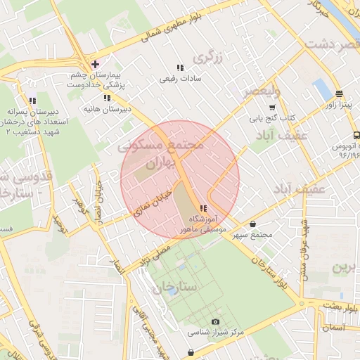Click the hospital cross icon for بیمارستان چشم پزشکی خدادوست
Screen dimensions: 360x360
pos(95,64)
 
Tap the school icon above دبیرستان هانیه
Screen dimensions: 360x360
pos(107,98)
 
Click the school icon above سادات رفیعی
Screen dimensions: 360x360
pos(180,68)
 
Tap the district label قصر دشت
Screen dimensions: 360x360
pos(330,44)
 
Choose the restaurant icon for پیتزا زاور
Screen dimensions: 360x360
pos(339,94)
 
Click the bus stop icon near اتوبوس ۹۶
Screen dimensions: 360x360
pos(356,134)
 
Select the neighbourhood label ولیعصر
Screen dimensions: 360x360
pos(262,92)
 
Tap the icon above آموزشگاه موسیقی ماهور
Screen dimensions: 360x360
pos(203,209)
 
